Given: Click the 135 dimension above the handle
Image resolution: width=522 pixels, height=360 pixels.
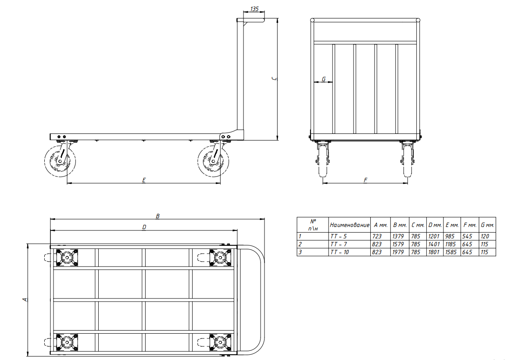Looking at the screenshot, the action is [254, 9].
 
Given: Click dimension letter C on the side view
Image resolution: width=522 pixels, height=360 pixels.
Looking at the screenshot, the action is [274, 79].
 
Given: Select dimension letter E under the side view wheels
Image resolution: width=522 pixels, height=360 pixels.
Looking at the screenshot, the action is [144, 180].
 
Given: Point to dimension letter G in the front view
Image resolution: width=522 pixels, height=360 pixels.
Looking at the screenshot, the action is [324, 79].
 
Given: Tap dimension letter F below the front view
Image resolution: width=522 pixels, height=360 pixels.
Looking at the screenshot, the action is [365, 180].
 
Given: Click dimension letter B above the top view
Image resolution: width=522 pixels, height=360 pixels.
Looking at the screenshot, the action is [158, 216].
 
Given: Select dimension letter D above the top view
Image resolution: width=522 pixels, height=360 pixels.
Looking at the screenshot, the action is [144, 227].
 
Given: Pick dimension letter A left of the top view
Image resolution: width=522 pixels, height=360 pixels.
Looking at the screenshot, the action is [25, 300].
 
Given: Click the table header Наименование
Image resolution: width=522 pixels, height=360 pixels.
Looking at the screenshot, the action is [350, 225].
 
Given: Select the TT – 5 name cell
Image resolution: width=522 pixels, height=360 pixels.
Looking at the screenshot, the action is [339, 236].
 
